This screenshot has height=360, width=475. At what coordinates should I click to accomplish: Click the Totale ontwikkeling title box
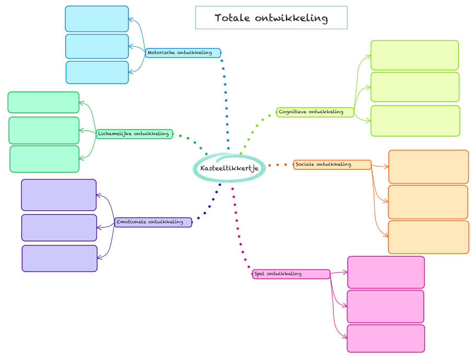coord(271,18)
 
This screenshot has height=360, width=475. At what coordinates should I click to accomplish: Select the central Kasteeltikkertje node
coord(229,168)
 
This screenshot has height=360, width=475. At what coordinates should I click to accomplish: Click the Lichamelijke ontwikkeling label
coord(134,134)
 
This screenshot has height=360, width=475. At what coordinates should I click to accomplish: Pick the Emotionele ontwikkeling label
coord(153,222)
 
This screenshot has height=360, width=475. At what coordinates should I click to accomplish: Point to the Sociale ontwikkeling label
coord(332,165)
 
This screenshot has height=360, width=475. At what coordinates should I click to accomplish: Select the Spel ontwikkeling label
coord(291,274)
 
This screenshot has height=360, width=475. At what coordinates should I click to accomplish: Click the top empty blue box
coord(97,19)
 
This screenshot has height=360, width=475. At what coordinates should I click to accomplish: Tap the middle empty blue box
coord(97,46)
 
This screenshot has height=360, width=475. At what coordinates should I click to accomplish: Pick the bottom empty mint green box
coord(44,159)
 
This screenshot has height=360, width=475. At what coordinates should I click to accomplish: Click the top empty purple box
coord(58,195)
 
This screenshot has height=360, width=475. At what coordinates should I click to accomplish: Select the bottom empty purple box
coord(60,258)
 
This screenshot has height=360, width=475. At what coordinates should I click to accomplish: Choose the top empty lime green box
coord(414,55)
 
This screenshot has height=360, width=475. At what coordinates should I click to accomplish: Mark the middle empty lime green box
coord(415,87)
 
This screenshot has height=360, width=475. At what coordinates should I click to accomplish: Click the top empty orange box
coord(429,167)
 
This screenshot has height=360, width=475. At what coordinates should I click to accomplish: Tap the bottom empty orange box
coord(428,237)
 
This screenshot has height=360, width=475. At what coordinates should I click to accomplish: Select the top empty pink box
coord(386,272)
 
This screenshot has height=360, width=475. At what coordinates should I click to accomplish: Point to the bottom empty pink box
coord(386,338)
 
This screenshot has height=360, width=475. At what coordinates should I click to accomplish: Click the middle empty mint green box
coord(44,130)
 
